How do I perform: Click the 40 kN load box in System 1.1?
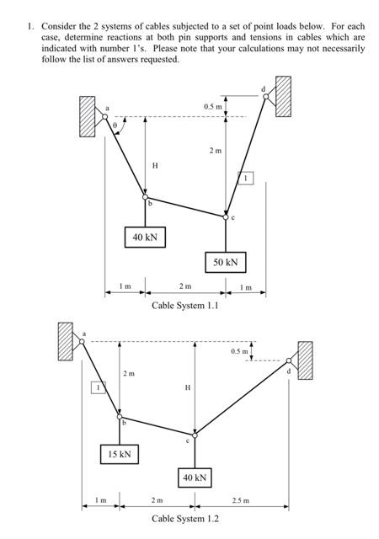(x=145, y=237)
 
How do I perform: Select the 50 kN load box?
(x=225, y=262)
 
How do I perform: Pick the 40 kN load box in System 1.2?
(x=194, y=478)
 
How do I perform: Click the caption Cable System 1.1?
(x=184, y=306)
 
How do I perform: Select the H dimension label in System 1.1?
(x=154, y=166)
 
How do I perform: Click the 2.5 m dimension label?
(x=241, y=500)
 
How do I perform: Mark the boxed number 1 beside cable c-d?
(x=247, y=179)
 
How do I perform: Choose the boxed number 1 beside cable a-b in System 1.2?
(x=97, y=387)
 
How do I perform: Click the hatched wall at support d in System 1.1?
(x=282, y=93)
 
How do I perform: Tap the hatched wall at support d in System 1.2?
(x=304, y=360)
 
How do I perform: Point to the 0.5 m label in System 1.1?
(x=213, y=106)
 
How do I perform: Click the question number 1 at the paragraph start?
(x=30, y=26)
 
